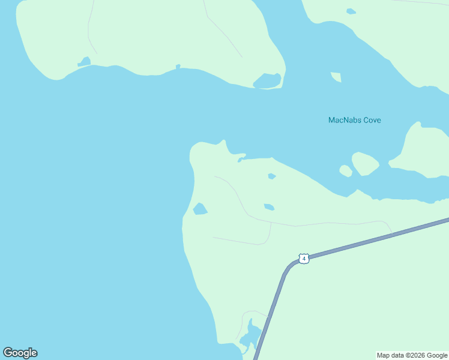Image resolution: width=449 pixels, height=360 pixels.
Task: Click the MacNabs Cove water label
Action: pos(354,120)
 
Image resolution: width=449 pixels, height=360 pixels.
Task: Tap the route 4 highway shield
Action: pos(304,259)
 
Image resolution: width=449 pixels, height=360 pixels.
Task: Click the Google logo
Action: pos(20,353)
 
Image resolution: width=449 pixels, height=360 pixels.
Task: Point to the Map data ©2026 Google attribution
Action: pos(412,355)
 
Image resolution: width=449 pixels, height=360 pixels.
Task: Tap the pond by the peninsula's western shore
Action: pos(200,209)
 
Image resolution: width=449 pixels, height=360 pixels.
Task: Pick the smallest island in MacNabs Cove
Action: pos(346,171)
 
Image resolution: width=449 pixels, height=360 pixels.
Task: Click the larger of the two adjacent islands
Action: pos(364,163)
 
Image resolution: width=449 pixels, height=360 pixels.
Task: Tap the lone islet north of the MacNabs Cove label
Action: pos(336,77)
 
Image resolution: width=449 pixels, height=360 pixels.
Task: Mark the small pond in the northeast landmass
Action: pos(351,11)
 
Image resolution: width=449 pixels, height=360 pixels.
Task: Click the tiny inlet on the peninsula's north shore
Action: pos(241,159)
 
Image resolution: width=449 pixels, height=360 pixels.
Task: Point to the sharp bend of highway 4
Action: pos(288,269)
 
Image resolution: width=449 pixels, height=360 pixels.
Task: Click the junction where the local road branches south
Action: pos(271,223)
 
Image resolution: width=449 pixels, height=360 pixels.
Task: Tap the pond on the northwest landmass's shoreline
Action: pos(84,62)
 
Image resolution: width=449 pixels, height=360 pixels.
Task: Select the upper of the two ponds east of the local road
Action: pos(272,176)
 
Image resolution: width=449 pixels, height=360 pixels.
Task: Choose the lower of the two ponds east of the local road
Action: pos(269,207)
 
